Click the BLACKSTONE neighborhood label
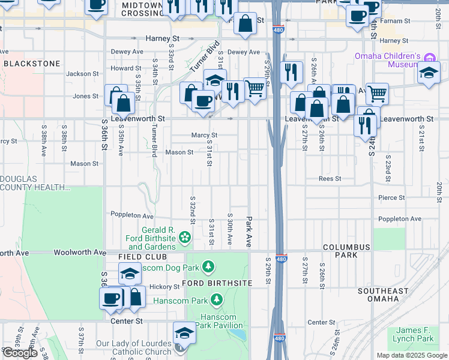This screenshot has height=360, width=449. click(x=31, y=63)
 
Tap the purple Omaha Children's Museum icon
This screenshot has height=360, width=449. click(x=429, y=58)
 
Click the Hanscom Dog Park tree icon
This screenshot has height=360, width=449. click(x=208, y=266)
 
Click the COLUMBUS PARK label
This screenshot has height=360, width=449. click(x=348, y=251)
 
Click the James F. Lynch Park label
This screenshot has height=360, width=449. click(x=415, y=334)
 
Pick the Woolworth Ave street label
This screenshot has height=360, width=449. click(x=75, y=253)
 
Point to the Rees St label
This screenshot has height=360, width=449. click(x=330, y=179)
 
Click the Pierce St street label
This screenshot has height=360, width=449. click(x=389, y=197)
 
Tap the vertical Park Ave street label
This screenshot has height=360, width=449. click(x=248, y=232)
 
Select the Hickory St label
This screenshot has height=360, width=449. click(x=164, y=287)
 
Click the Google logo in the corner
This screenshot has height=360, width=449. click(x=20, y=353)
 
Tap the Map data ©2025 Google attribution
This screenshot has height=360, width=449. click(x=411, y=355)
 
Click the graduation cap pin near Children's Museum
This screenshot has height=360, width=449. click(x=429, y=73)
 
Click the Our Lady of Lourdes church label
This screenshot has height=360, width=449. click(x=133, y=348)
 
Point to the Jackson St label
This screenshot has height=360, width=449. click(x=82, y=74)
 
